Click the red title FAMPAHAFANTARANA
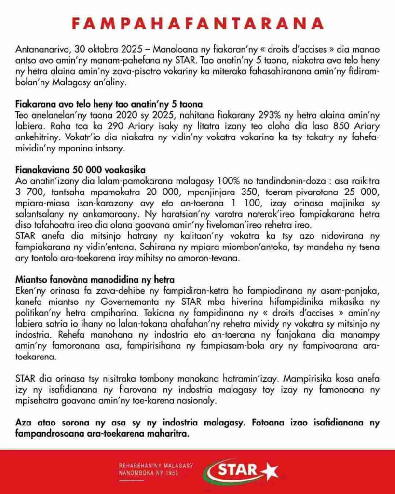pyautogui.click(x=197, y=23)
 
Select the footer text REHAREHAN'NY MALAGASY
pyautogui.click(x=156, y=466)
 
